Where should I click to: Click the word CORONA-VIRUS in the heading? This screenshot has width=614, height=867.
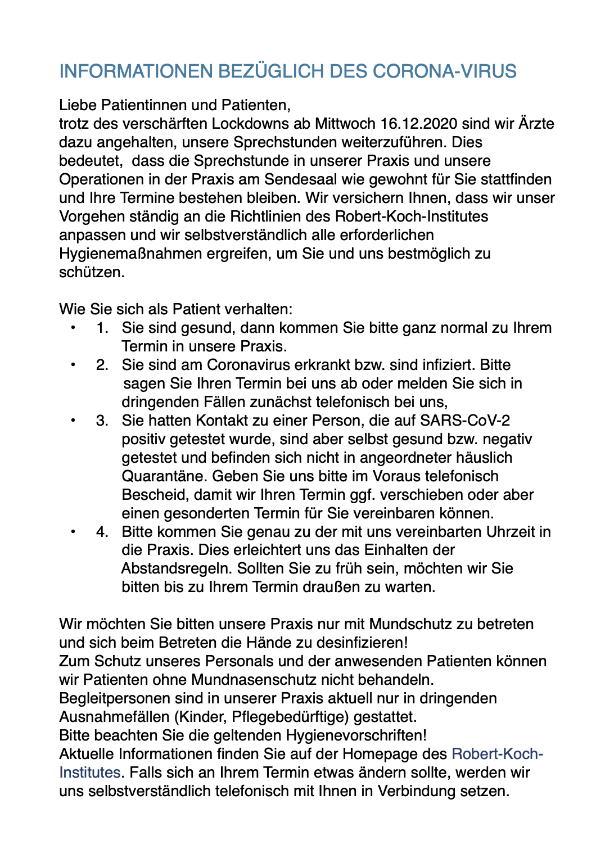(x=444, y=71)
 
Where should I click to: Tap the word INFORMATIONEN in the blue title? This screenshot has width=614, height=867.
(x=136, y=71)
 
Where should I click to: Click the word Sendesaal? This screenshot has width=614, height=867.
(x=303, y=179)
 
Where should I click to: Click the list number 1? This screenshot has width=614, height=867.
(x=102, y=328)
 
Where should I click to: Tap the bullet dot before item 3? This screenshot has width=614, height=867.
(x=73, y=421)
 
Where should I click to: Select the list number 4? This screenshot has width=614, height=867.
(x=102, y=532)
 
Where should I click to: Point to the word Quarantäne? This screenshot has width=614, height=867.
(x=165, y=476)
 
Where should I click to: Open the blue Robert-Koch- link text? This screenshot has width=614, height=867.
(x=497, y=754)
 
